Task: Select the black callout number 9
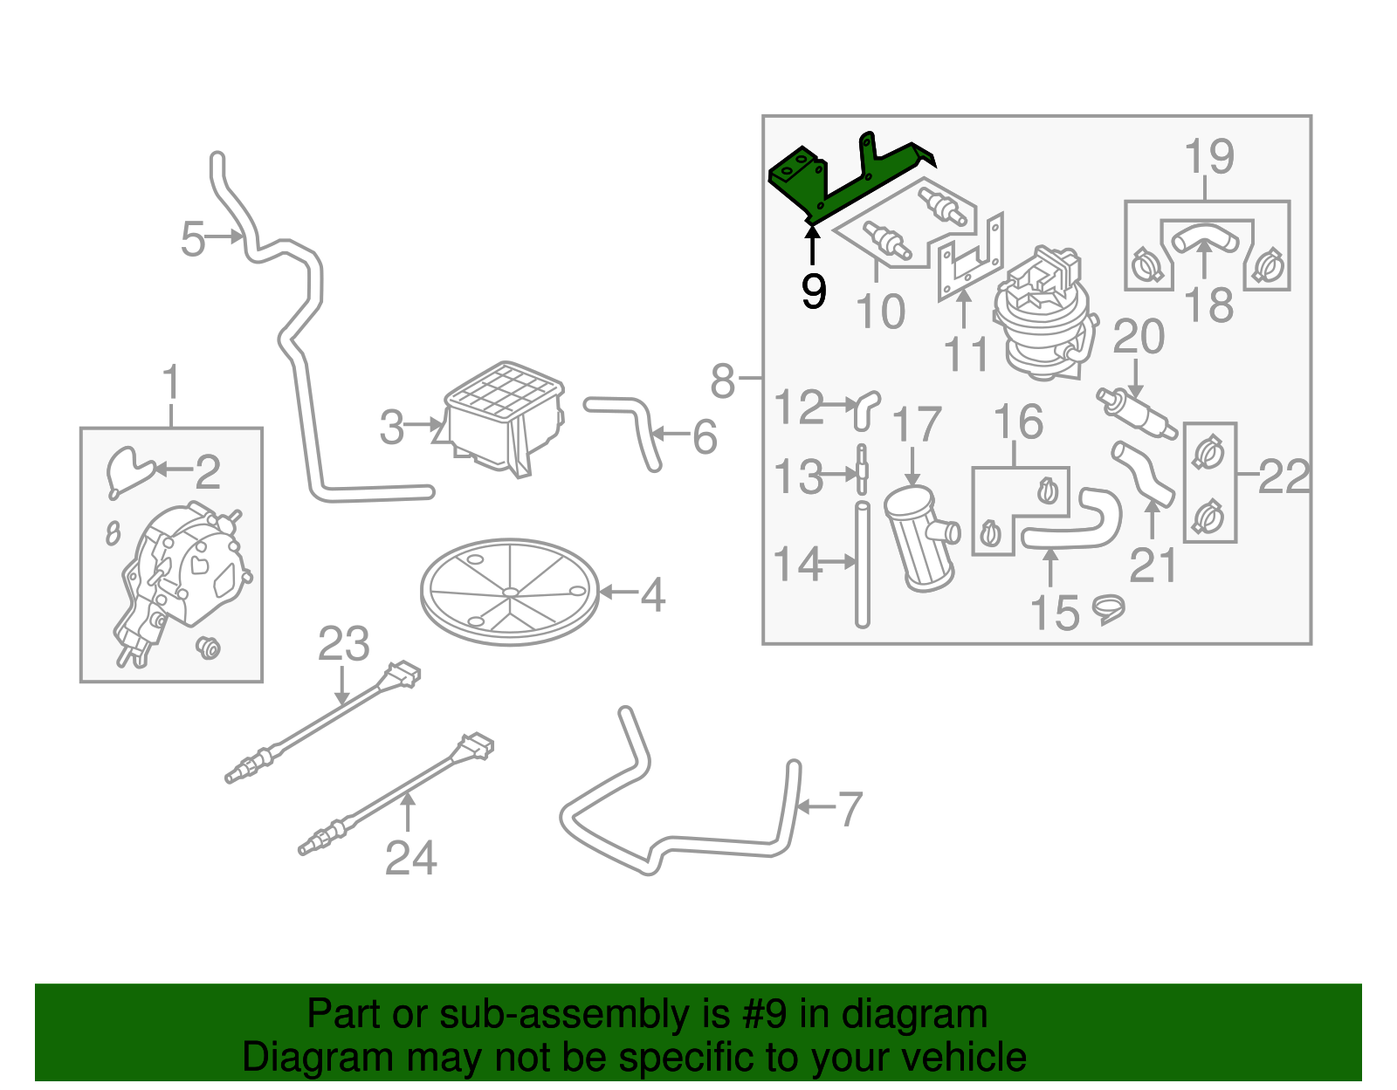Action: click(813, 291)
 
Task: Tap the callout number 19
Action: click(1208, 157)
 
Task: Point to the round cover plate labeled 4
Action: click(510, 592)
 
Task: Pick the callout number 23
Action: click(343, 645)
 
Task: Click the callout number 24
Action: click(410, 858)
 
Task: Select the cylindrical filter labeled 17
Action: click(919, 539)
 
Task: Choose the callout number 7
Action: click(850, 809)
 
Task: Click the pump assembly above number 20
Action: click(1043, 314)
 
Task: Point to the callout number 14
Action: click(797, 565)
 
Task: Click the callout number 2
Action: click(207, 472)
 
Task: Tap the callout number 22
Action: click(1283, 477)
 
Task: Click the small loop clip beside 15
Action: click(1108, 608)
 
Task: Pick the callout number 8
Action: click(723, 380)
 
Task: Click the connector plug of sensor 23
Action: click(403, 674)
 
